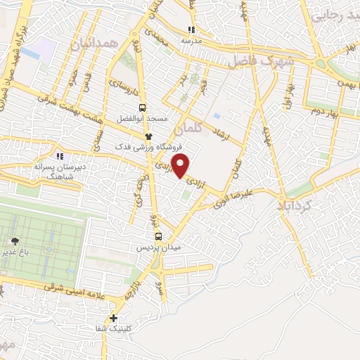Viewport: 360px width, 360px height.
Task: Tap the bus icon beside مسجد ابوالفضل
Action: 143,108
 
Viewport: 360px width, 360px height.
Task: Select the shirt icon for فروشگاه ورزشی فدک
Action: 148,136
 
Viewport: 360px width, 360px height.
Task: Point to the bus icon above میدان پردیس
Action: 157,237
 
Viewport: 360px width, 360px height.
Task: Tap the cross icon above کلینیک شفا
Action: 115,318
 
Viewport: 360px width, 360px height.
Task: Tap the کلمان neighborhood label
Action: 188,129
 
